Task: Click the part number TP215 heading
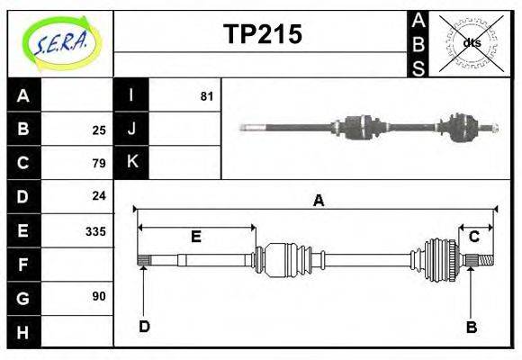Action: coord(262,34)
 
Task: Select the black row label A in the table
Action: coord(23,95)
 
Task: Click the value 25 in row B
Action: coord(99,130)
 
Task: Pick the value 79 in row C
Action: coord(99,163)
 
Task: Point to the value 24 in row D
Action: coord(99,195)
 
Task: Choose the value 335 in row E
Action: coord(95,231)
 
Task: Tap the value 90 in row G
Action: coord(99,296)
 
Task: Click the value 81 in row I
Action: coord(206,95)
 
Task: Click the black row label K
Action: coord(131,163)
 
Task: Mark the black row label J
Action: coord(131,130)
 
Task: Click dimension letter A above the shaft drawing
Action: coord(318,201)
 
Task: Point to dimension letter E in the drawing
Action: coord(195,237)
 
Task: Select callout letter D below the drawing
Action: coord(144,327)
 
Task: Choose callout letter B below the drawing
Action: coord(471,327)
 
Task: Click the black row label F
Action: coord(23,265)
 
